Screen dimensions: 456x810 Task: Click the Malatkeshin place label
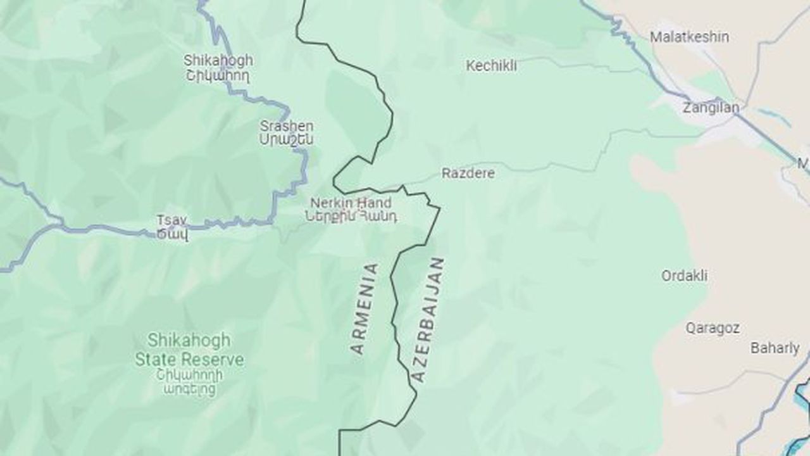(x=689, y=37)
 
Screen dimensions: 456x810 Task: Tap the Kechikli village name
(x=491, y=66)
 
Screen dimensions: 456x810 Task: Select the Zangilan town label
(x=710, y=108)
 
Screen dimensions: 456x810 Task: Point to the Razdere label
(x=468, y=173)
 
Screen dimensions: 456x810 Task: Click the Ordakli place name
(x=684, y=276)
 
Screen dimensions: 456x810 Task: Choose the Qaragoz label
(x=713, y=328)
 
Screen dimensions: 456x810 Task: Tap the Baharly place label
(x=775, y=348)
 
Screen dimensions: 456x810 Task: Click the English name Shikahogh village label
(x=218, y=61)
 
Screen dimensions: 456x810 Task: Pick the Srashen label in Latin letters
(x=286, y=126)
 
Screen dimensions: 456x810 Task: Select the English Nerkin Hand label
(x=351, y=203)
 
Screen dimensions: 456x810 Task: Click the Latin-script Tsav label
(x=171, y=220)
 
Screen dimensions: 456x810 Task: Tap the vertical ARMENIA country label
(x=365, y=308)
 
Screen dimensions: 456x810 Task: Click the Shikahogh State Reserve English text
(x=189, y=350)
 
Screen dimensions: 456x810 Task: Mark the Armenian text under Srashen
(x=286, y=140)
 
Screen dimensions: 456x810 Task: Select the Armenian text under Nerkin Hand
(x=351, y=217)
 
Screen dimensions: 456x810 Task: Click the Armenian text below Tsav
(x=171, y=234)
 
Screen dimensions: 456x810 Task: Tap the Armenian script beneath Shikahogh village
(x=218, y=76)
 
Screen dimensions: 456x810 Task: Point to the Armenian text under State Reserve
(x=189, y=381)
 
